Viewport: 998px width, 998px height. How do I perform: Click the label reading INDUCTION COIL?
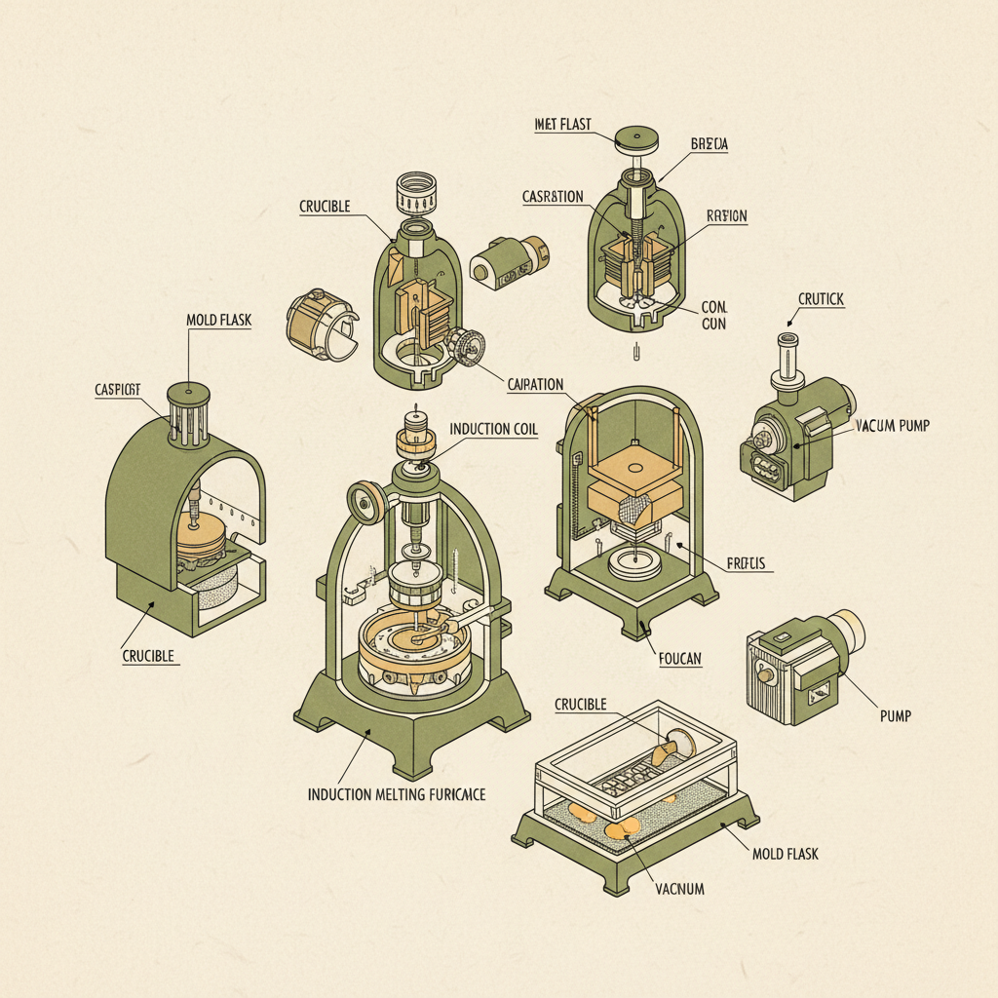coord(493,429)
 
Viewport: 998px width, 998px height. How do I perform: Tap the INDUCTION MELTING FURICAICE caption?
coord(396,794)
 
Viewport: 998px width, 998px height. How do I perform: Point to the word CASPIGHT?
coord(118,389)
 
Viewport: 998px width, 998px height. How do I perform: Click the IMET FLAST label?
coord(562,124)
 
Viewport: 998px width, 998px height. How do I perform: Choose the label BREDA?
coord(709,143)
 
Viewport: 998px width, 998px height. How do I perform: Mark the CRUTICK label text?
coord(821,299)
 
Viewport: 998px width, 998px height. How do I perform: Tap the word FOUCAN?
coord(678,660)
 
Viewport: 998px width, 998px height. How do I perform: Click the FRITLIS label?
coord(748,563)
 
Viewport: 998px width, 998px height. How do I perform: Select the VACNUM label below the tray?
coord(679,888)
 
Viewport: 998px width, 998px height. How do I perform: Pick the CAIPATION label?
coord(536,384)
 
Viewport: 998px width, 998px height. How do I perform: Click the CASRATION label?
coord(553,197)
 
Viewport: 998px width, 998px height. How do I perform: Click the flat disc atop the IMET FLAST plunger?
coord(637,137)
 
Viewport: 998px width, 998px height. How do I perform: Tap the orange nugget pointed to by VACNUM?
coord(621,827)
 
